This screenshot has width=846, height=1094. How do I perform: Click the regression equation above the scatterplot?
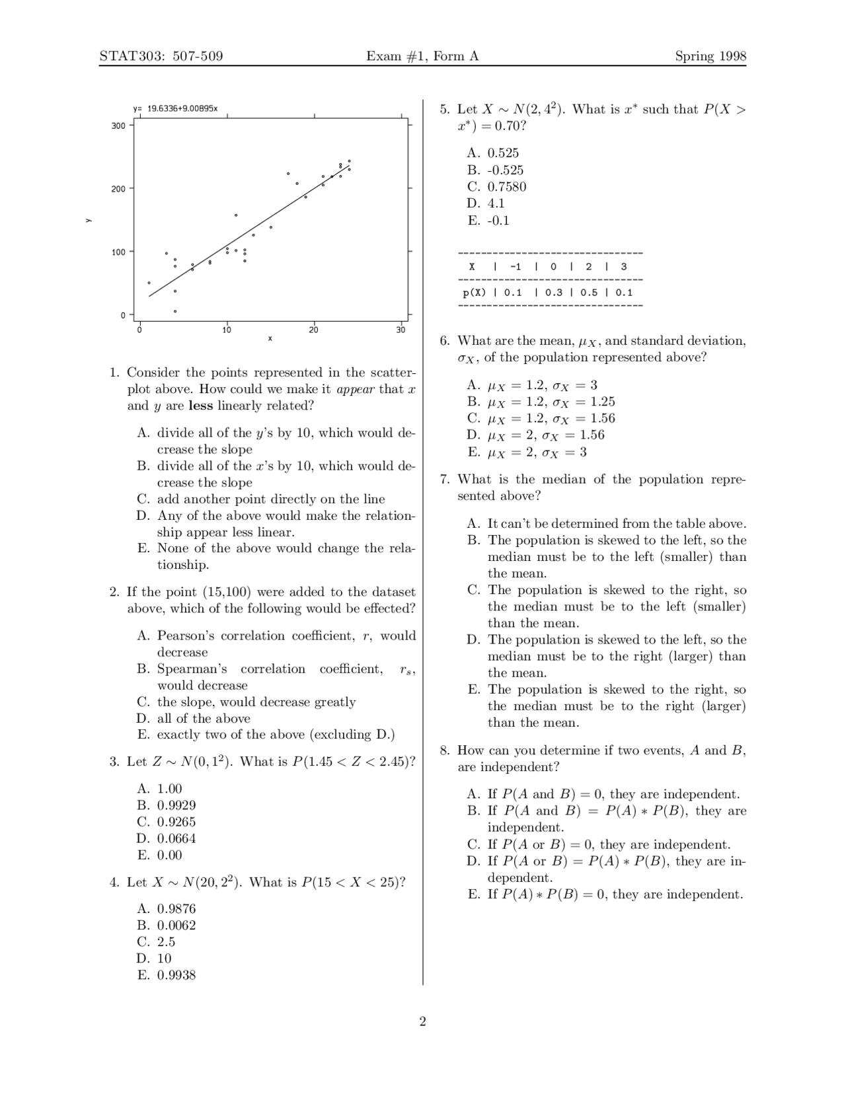(175, 108)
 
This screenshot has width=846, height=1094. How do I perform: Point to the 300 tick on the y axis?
(118, 126)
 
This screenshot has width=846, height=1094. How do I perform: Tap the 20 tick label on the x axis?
(314, 330)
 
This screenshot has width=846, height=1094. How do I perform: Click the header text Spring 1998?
(711, 56)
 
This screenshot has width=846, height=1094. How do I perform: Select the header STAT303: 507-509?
(161, 56)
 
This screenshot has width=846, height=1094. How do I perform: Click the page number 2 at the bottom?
(422, 1022)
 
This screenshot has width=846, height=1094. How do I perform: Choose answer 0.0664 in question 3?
(176, 838)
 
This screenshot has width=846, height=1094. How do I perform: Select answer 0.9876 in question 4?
(176, 909)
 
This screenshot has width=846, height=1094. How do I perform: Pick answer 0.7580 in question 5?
(506, 187)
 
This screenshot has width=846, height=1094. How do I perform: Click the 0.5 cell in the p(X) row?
(589, 293)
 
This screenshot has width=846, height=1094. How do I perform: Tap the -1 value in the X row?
(516, 267)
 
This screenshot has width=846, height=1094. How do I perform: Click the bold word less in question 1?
(200, 406)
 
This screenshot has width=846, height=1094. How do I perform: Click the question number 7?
(445, 479)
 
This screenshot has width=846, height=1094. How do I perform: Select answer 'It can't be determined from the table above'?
(616, 524)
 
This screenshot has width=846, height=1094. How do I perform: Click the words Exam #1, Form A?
(422, 56)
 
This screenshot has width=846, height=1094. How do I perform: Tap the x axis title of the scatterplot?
(270, 339)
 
